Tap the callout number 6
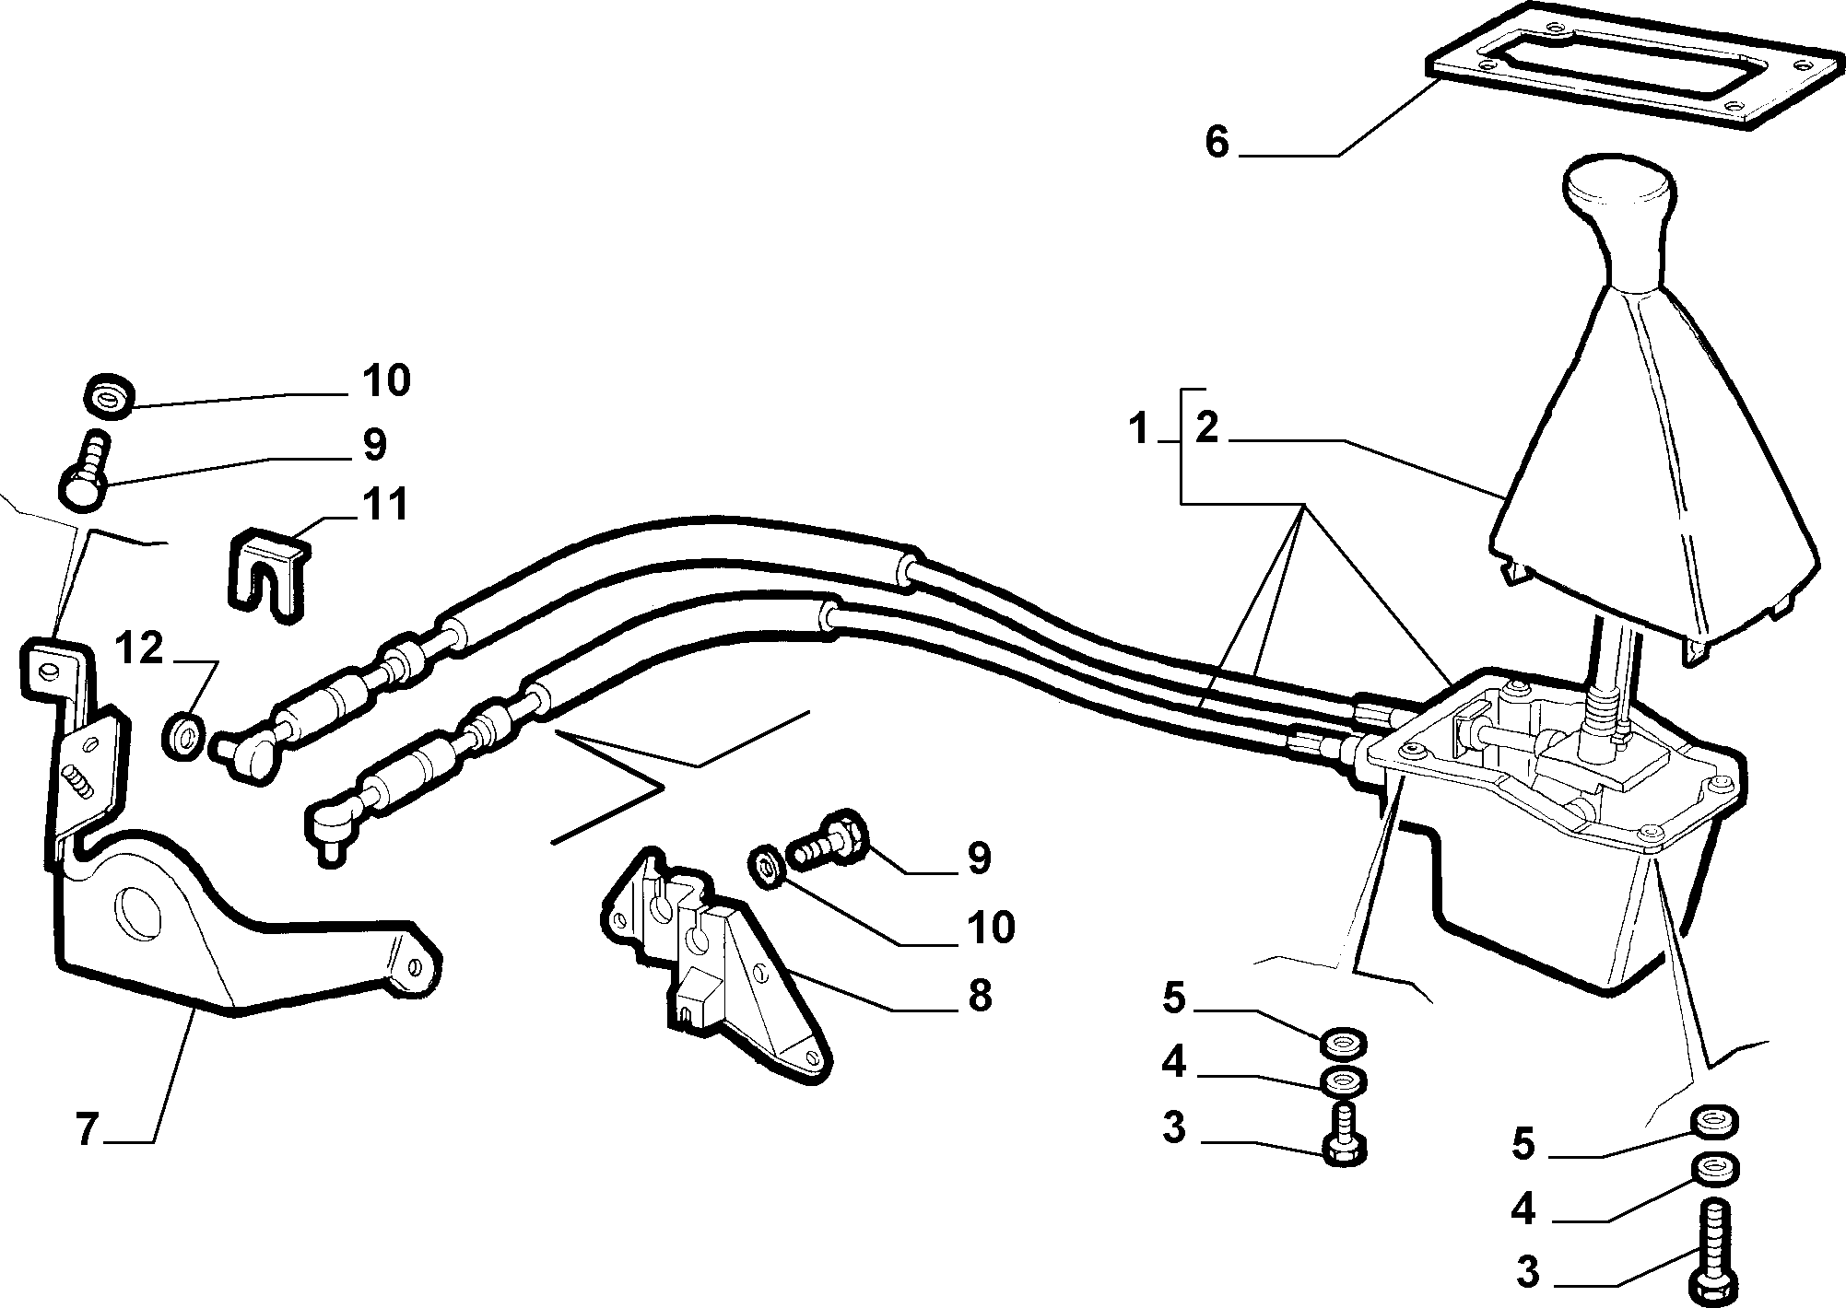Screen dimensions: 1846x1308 1217,143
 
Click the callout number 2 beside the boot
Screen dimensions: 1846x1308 1206,429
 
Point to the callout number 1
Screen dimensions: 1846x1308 1140,429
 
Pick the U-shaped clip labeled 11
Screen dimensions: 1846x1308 265,575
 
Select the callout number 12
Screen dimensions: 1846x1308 139,649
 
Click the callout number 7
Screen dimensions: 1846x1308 87,1129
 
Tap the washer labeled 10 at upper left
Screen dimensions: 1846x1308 110,394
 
